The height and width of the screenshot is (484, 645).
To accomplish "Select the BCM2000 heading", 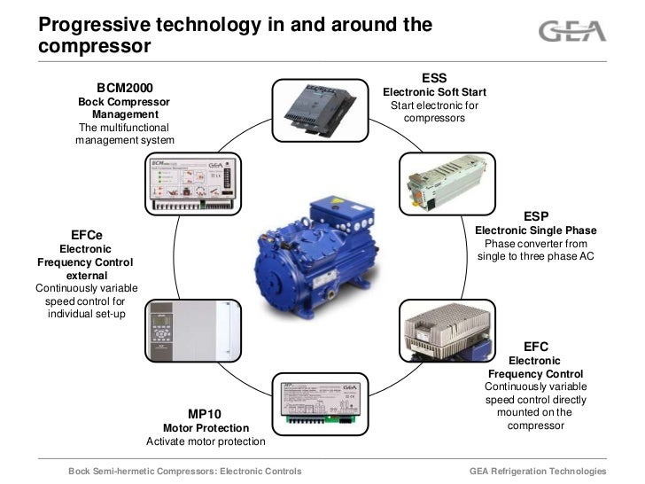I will [x=125, y=88].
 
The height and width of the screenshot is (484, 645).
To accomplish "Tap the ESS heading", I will [x=434, y=78].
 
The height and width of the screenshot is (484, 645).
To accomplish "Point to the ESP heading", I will [x=536, y=215].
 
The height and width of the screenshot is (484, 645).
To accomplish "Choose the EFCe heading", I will [x=85, y=235].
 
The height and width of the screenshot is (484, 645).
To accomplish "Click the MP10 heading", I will [x=205, y=414].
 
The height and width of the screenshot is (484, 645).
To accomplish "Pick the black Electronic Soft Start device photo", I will [x=322, y=112].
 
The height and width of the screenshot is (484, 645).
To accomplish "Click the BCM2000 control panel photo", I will [x=190, y=183].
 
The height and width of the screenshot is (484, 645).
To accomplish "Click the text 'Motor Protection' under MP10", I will [x=205, y=427].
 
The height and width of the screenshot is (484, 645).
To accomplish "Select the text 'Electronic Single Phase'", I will [x=536, y=230].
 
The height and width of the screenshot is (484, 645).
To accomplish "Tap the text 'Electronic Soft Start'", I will [x=434, y=93].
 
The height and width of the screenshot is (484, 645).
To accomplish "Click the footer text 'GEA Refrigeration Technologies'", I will [x=537, y=471].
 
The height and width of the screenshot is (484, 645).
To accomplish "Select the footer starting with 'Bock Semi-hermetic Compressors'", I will [x=185, y=471].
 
